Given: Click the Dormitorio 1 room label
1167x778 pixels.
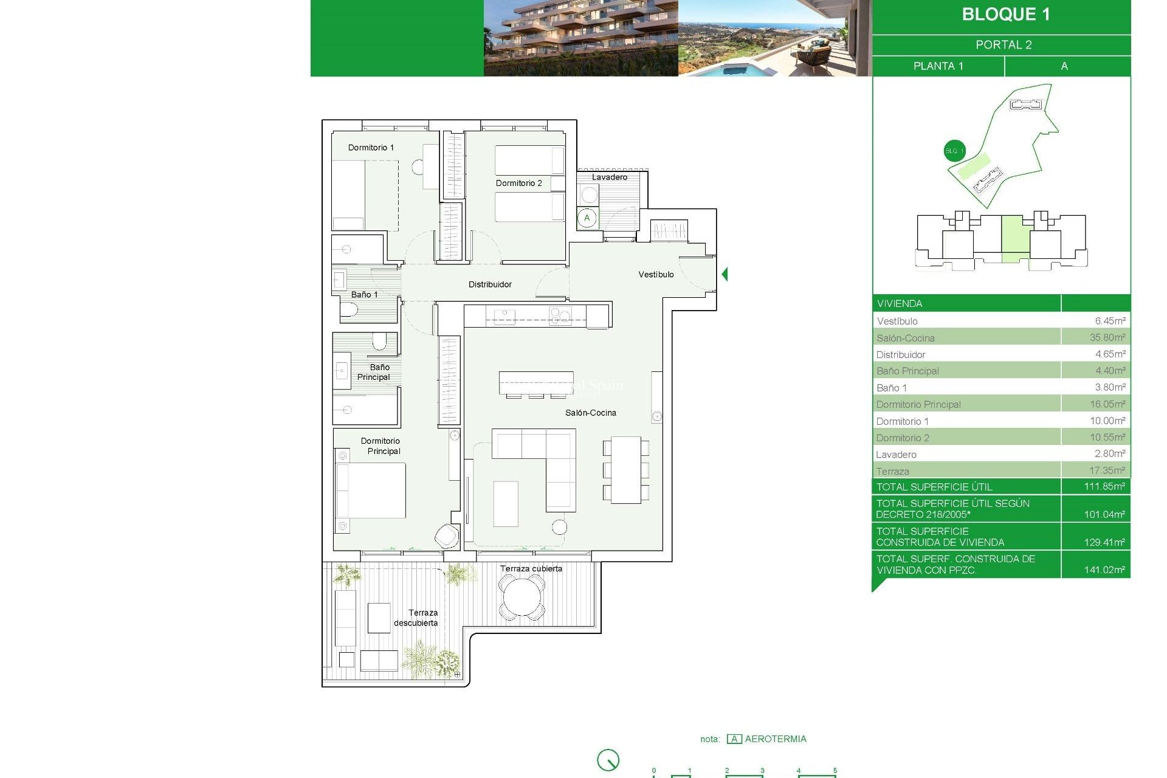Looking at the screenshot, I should coord(371,148).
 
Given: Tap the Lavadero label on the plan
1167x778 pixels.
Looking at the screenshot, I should coord(610,177).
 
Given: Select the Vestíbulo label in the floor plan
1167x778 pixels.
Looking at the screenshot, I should coord(656,275).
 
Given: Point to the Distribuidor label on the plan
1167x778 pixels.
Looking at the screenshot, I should coord(490,284).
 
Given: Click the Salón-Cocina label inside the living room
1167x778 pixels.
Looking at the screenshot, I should coord(590,413).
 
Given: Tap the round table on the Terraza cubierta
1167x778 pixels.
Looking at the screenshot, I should coord(522,597).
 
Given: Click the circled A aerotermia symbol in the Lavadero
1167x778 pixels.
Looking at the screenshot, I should coord(587,218).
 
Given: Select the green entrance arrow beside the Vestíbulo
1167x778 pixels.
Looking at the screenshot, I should coord(725,274).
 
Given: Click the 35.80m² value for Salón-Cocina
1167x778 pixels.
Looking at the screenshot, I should coord(1107,337).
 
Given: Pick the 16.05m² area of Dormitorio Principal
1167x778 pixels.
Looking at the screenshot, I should coord(1107,404).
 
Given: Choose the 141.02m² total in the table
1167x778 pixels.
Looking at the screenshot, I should coord(1104,570).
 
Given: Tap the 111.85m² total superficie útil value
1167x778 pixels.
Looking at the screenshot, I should coord(1104,486).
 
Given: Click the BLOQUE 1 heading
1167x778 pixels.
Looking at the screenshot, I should coord(1005,15).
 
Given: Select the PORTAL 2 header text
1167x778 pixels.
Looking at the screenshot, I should coord(1003,45).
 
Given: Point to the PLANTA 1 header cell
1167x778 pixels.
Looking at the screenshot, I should coord(938,66).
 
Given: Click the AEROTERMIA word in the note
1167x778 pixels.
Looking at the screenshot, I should coord(776,739).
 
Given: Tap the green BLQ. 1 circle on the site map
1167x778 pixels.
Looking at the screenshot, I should coord(954,151).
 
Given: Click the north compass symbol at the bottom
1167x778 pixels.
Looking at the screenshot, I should coord(608,760).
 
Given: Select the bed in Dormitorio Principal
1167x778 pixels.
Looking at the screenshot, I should coord(371,491).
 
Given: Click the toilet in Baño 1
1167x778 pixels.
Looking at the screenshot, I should coord(349,310).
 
